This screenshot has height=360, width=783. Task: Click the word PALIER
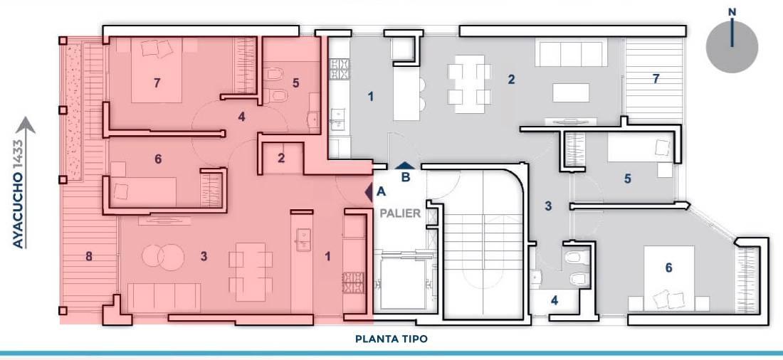click(401, 213)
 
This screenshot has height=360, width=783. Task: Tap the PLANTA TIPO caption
click(391, 339)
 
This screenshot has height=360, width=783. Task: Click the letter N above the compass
click(732, 11)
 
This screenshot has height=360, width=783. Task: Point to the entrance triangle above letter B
click(404, 166)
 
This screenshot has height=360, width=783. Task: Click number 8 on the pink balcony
click(89, 257)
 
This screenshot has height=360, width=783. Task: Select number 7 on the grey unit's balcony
click(656, 78)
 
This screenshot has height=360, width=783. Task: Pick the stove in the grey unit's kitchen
click(340, 70)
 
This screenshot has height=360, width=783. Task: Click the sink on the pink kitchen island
click(303, 240)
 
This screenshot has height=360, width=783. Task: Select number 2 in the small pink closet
click(282, 158)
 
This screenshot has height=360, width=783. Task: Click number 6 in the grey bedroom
click(668, 268)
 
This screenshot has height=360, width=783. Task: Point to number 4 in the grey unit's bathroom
click(555, 301)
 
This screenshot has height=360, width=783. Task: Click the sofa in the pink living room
click(164, 298)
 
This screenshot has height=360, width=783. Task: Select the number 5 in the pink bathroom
click(295, 83)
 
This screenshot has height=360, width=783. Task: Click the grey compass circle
click(732, 48)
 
